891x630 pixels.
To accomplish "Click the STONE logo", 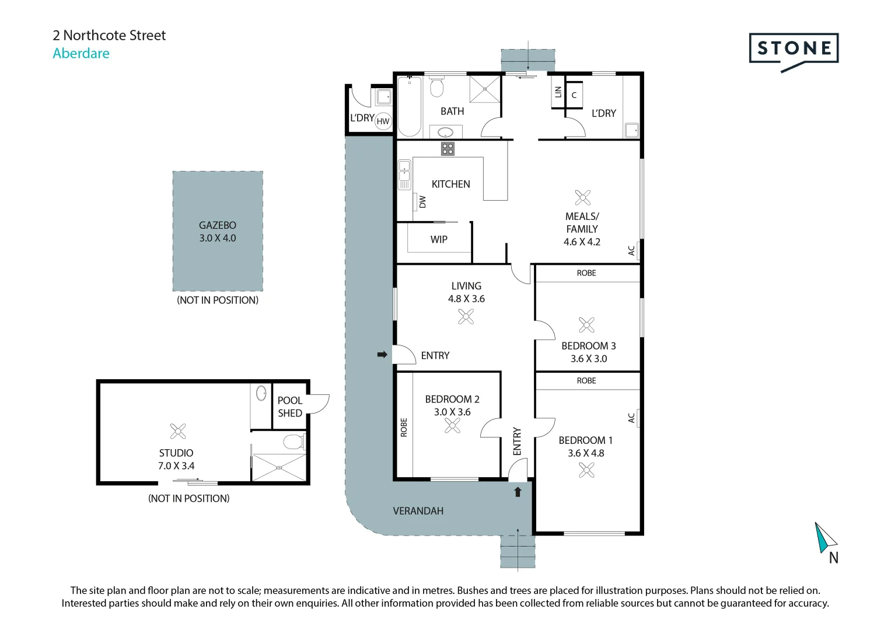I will point(794,49).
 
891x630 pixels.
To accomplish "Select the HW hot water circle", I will point(383,121).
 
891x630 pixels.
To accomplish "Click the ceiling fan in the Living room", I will point(466,317).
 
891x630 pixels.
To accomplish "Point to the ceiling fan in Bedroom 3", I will point(586,325).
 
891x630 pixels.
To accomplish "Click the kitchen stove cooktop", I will point(448,149).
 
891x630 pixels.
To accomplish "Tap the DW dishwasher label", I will point(422,202).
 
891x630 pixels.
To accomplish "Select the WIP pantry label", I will point(439,239).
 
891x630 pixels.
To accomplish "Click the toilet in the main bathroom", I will point(436,87).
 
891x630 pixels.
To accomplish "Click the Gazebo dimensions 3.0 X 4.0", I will point(217,238).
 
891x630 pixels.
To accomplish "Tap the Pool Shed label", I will point(290,407).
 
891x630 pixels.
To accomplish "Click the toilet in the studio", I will point(294,442).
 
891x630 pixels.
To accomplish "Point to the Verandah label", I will point(418,511).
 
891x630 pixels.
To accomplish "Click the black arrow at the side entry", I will point(382,355).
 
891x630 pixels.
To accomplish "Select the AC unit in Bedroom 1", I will point(638,418).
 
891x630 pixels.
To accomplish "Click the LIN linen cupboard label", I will point(558,92).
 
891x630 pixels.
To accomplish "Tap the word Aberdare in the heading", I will point(81,53).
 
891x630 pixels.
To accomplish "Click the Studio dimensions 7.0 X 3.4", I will point(176,466).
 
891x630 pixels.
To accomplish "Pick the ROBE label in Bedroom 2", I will point(404,428).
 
